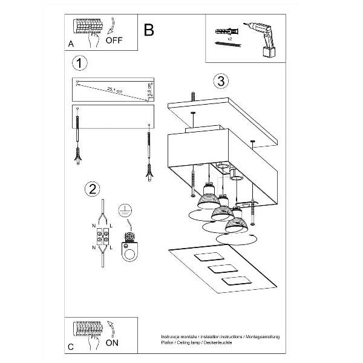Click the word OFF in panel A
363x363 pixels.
(x=114, y=41)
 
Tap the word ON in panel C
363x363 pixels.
(x=113, y=341)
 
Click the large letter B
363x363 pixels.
(x=149, y=30)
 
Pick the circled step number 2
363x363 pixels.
(x=91, y=189)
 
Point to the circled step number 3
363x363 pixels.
(x=221, y=81)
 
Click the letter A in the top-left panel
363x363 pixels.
(x=71, y=44)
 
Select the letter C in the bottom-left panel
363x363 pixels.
(x=71, y=347)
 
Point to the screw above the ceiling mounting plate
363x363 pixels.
(x=193, y=96)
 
